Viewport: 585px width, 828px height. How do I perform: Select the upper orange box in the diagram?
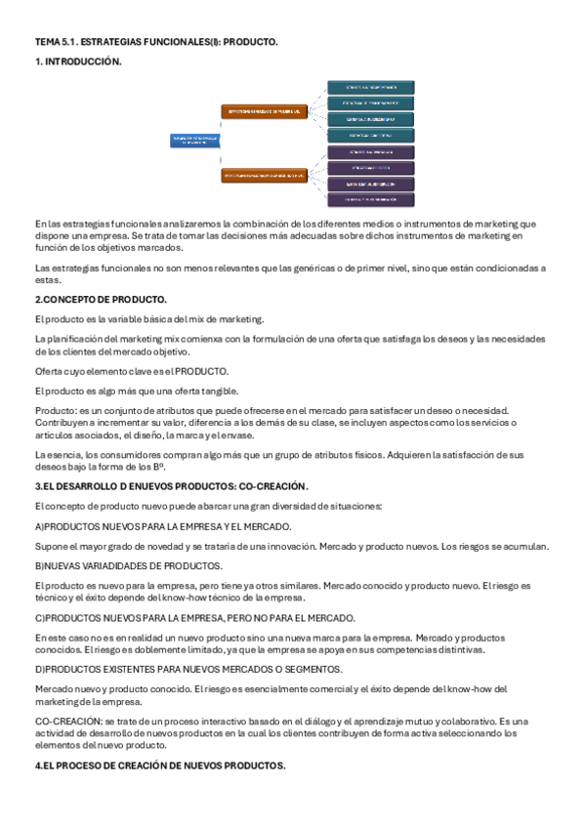[x=265, y=111]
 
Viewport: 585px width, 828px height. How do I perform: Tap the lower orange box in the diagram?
[x=265, y=176]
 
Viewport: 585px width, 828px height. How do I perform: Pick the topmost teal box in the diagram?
[x=370, y=87]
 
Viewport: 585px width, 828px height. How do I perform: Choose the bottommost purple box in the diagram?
[x=370, y=199]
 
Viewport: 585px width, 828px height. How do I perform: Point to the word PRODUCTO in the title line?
[x=251, y=42]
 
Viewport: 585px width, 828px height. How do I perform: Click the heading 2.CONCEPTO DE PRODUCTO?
[x=101, y=299]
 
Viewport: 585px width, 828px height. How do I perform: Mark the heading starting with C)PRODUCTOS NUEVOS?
[x=195, y=617]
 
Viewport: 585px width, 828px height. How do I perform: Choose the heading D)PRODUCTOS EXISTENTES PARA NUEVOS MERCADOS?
[x=188, y=669]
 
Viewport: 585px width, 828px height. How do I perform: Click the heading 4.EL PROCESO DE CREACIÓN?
[x=160, y=766]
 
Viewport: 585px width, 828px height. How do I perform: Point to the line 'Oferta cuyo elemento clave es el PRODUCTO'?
[x=132, y=371]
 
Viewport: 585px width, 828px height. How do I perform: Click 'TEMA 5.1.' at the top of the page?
[x=57, y=42]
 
